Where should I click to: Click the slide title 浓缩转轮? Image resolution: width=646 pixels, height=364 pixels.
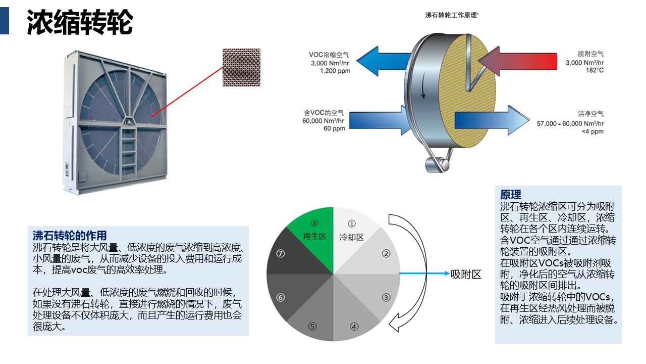tap(80, 22)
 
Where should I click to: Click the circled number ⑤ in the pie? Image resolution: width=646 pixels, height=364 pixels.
tap(312, 326)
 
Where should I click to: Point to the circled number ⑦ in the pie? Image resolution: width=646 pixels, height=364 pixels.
tap(281, 254)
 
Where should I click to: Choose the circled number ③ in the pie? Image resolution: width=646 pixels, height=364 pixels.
tap(386, 297)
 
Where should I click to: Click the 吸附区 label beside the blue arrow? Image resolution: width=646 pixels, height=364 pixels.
tap(465, 274)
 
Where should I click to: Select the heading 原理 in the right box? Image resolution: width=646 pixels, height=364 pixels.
tap(511, 194)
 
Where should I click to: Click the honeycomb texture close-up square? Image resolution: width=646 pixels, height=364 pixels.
tap(241, 67)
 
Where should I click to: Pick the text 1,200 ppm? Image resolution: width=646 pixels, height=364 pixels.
tap(335, 71)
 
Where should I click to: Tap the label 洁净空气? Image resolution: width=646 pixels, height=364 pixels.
tap(590, 114)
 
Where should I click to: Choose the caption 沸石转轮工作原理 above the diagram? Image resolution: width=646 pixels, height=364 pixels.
tap(452, 15)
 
